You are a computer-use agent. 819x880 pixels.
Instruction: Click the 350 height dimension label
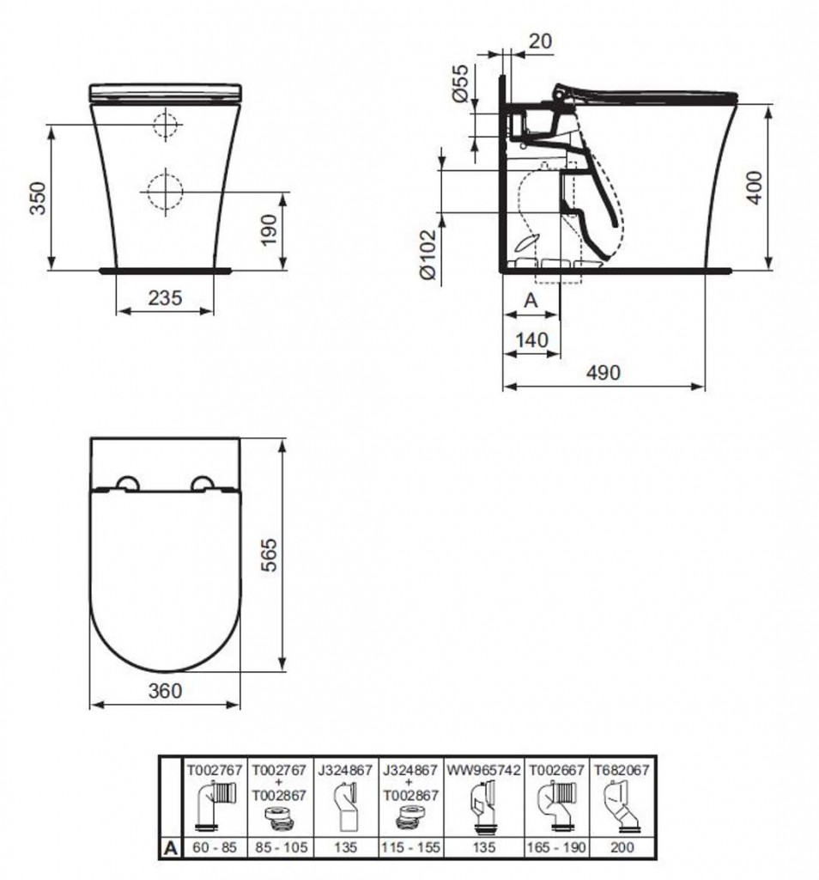(39, 198)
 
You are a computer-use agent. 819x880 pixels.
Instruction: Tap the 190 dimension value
(269, 229)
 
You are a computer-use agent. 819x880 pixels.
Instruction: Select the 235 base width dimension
(166, 297)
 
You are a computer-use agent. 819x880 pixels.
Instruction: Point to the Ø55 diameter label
(459, 83)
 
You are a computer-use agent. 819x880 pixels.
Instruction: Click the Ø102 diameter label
(428, 254)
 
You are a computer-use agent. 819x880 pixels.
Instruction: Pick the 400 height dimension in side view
(755, 187)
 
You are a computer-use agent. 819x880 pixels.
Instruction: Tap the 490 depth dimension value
(604, 372)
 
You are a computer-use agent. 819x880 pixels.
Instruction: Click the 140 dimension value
(532, 339)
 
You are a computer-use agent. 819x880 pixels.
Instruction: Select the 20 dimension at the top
(540, 41)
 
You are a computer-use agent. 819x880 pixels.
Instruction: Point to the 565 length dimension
(270, 555)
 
